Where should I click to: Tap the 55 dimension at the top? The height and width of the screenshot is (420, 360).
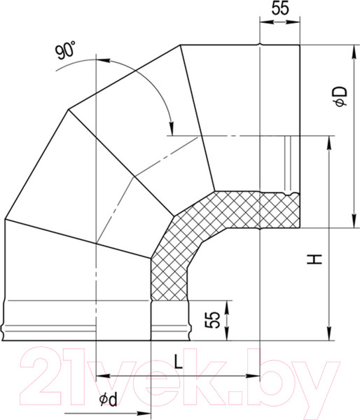(280, 9)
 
